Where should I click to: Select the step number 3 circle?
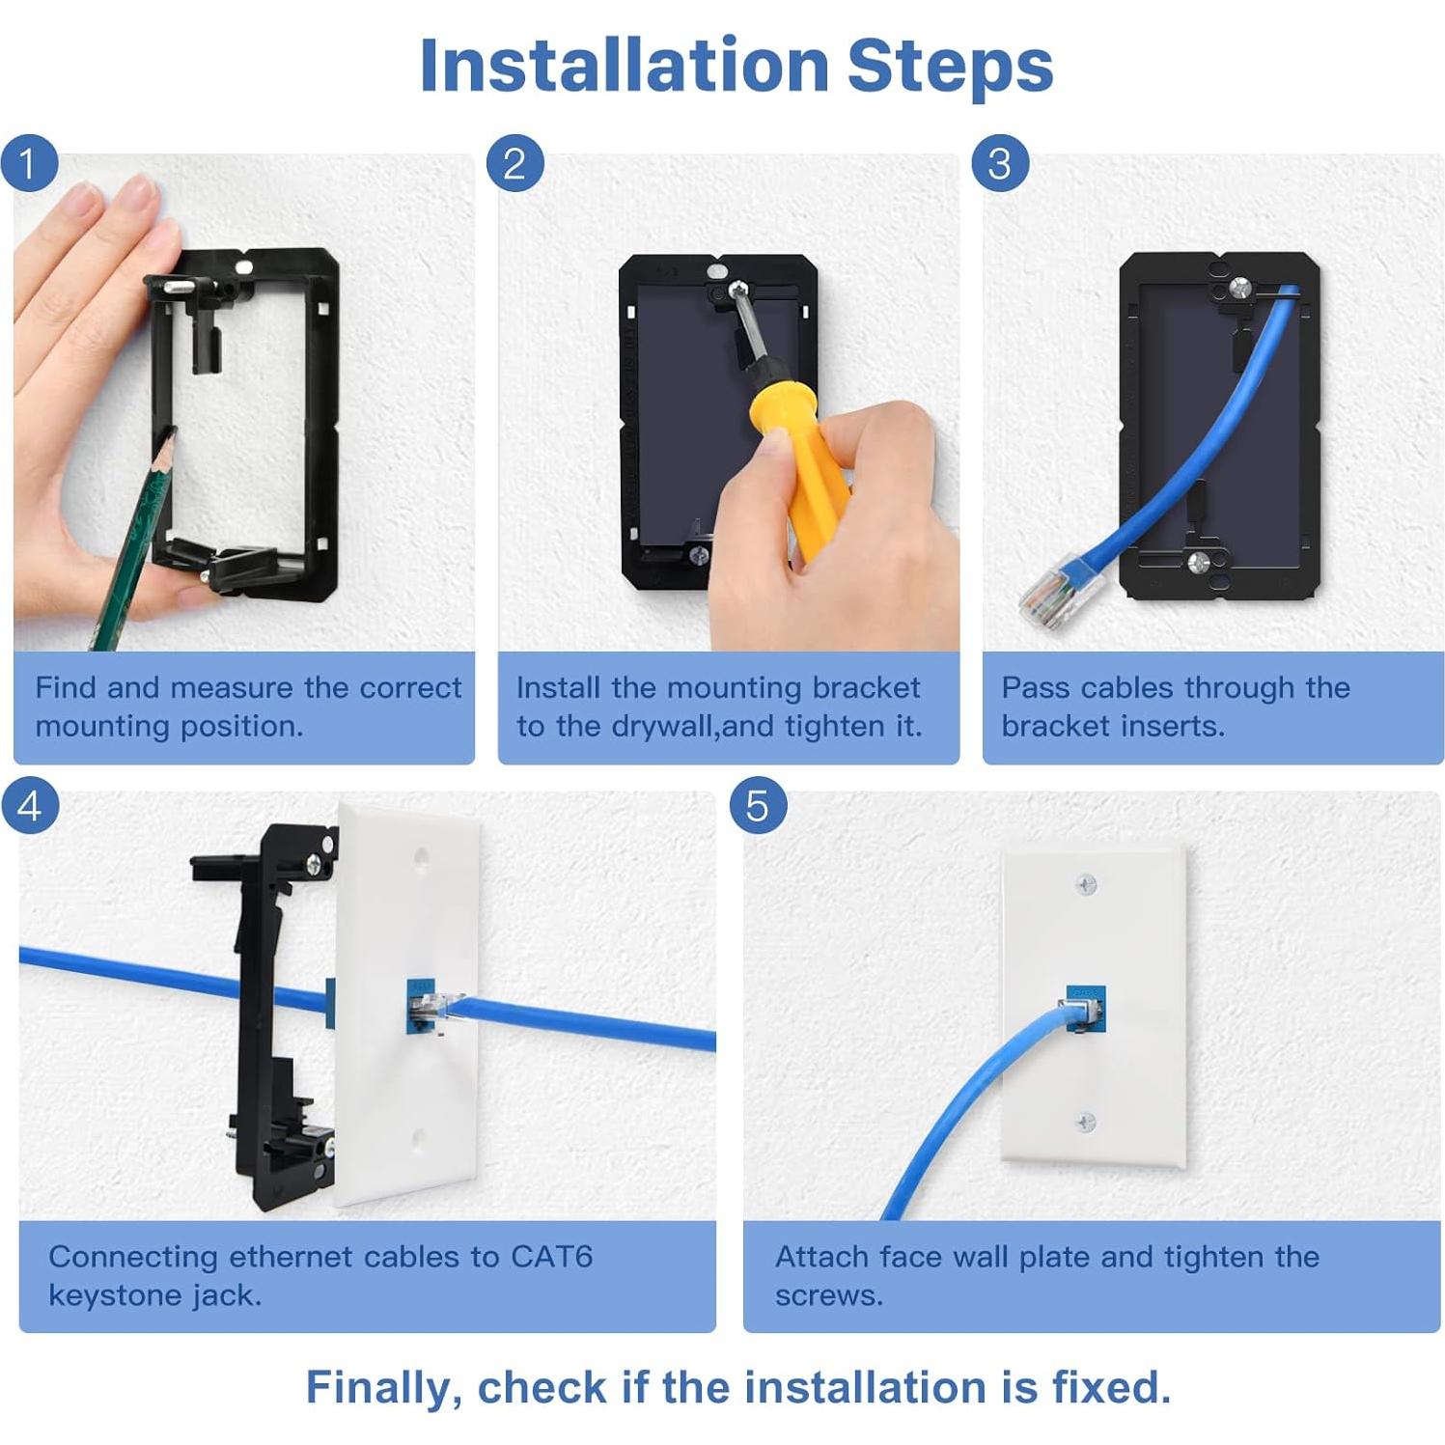click(999, 162)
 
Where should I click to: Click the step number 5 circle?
click(757, 805)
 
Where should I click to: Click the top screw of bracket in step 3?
click(1239, 287)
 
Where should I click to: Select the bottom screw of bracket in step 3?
click(1199, 563)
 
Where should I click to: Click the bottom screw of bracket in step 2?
click(699, 555)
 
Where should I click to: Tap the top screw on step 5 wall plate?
click(1086, 883)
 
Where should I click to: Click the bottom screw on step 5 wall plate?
click(1086, 1123)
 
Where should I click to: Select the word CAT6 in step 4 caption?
click(551, 1257)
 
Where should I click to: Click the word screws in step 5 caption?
click(828, 1295)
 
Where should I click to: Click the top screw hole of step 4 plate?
click(422, 855)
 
